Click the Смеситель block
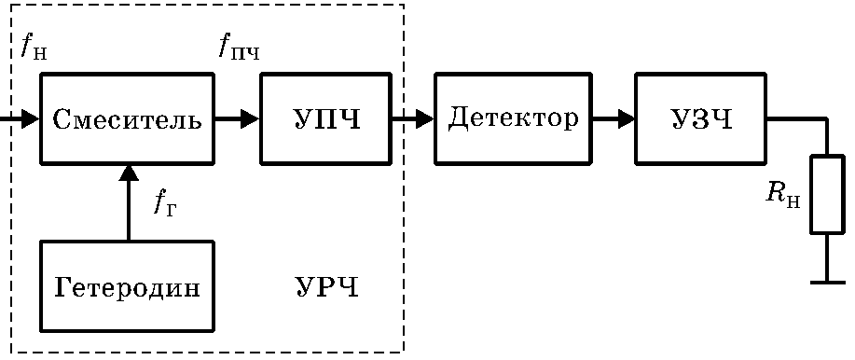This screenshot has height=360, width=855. [127, 118]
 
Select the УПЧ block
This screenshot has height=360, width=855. [326, 118]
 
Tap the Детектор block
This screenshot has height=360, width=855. [513, 118]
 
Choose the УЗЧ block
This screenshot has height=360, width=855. [700, 118]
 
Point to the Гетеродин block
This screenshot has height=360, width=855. [127, 285]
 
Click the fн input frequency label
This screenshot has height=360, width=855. [34, 47]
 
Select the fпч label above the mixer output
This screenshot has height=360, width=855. [239, 47]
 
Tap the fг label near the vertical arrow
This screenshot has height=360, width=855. [165, 204]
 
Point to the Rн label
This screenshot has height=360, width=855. [783, 195]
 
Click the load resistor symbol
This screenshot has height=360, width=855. [827, 195]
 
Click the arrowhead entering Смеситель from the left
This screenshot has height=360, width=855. [31, 118]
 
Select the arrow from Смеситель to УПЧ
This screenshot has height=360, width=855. [237, 118]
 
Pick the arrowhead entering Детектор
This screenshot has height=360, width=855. [425, 118]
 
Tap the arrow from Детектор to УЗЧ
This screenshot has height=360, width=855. [614, 118]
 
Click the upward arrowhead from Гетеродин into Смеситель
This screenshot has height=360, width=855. [129, 173]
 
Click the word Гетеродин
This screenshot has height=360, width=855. [127, 287]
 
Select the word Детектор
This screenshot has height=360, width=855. [513, 118]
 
